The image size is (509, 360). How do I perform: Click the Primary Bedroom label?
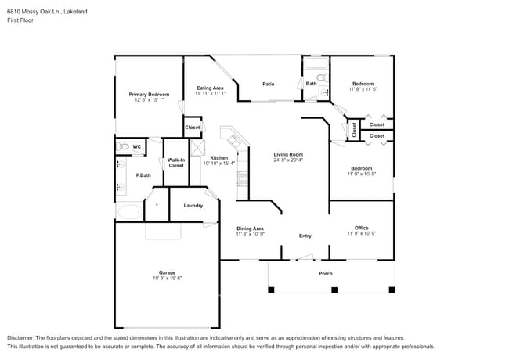(149, 94)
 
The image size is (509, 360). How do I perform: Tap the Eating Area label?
(211, 88)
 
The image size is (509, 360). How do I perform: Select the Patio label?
(269, 84)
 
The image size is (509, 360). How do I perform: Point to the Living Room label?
(288, 154)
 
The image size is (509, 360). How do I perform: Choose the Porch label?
(325, 273)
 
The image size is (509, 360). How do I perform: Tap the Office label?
(361, 228)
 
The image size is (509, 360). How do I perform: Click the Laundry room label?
(193, 206)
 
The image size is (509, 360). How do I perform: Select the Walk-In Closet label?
(176, 163)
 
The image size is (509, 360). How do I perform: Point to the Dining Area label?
(250, 228)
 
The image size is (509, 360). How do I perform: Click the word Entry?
(305, 236)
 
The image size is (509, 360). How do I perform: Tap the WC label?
(136, 146)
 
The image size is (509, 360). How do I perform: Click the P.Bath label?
(143, 175)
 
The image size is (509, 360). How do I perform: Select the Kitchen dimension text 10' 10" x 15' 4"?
(218, 164)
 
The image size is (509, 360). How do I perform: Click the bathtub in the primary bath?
(129, 211)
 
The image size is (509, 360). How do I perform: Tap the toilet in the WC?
(122, 146)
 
